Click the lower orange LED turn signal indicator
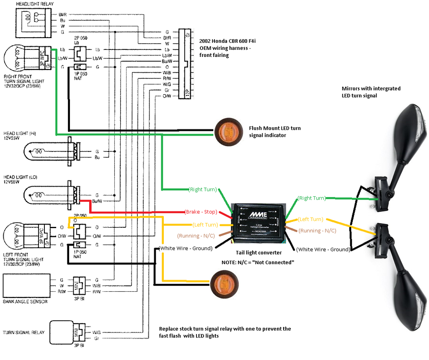[x=223, y=284]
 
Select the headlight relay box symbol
[x=32, y=21]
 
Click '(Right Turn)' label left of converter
[x=203, y=189]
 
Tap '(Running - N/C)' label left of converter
[x=195, y=236]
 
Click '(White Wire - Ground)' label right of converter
[x=323, y=249]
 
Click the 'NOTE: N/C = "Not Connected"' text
[x=258, y=262]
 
